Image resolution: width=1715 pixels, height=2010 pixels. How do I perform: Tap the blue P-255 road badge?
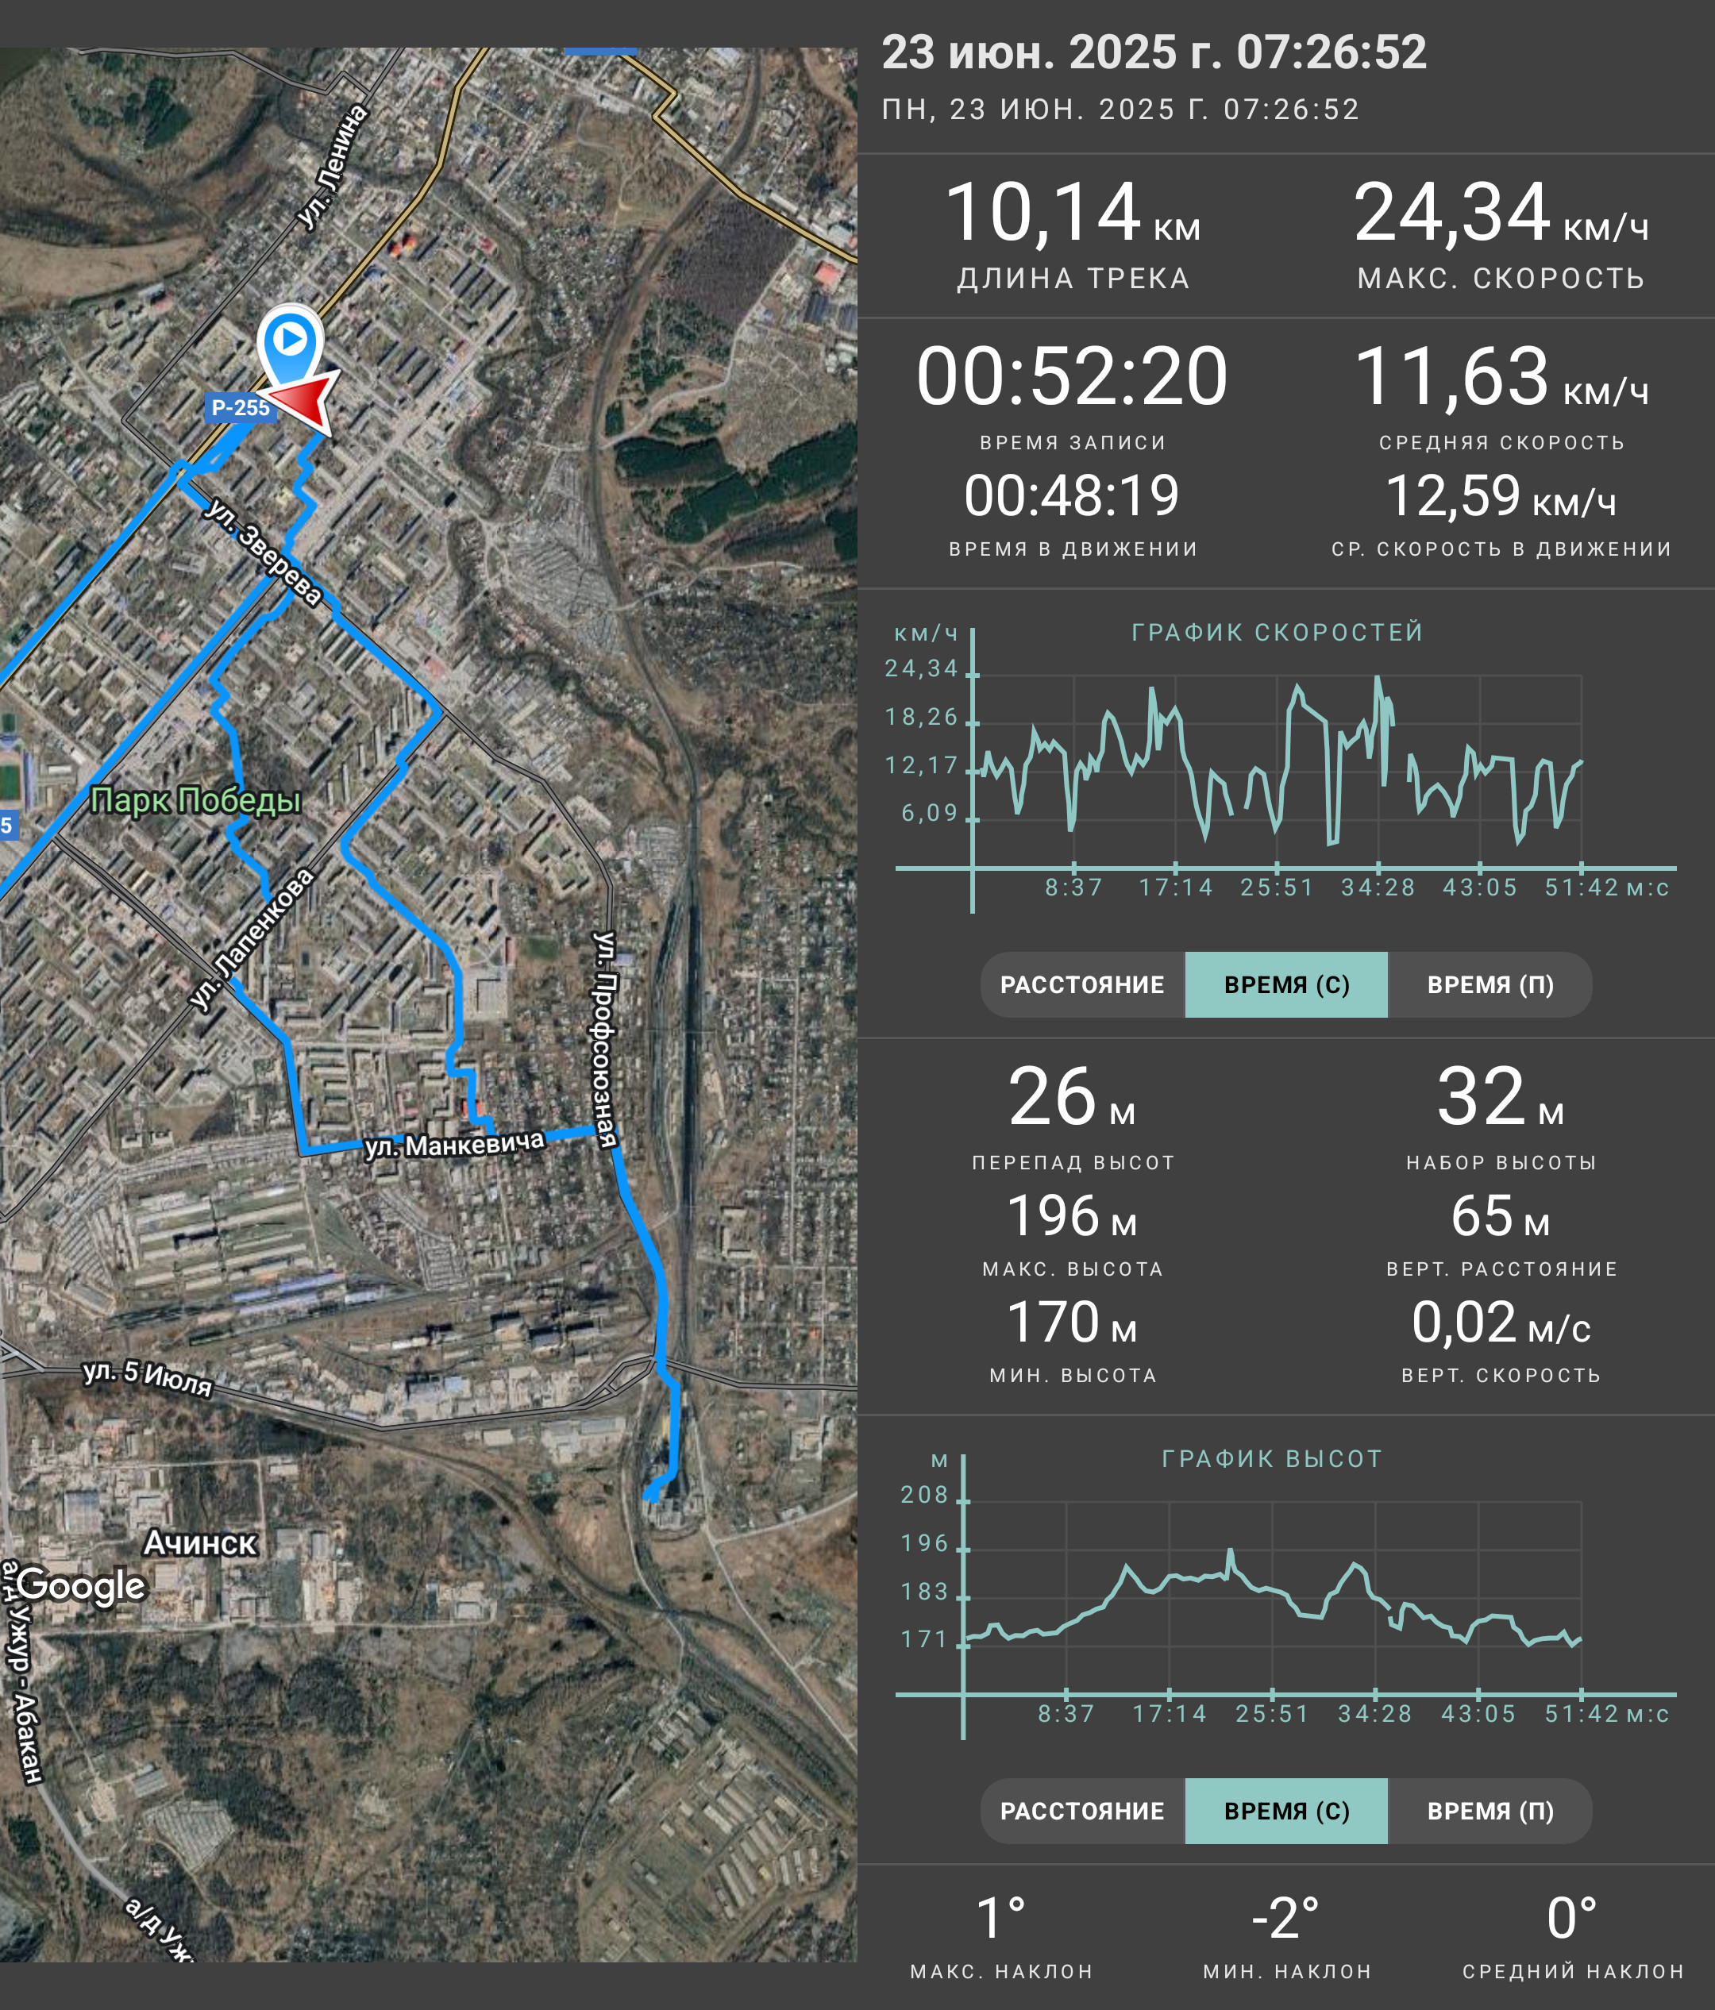241,407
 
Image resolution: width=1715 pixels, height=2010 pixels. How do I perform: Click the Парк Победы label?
195,800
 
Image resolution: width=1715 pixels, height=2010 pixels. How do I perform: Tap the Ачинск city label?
200,1542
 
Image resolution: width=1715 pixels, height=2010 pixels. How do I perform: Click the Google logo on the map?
82,1586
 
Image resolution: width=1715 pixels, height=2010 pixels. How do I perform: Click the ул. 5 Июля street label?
148,1377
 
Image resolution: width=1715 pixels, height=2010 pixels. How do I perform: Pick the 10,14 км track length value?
1072,214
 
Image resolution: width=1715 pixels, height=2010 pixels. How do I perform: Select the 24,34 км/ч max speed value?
1501,214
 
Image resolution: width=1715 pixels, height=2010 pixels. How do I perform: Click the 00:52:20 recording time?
1072,376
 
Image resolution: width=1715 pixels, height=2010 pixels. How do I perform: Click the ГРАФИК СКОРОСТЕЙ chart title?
1278,633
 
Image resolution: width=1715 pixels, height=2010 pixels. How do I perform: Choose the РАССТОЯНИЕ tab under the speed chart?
1082,984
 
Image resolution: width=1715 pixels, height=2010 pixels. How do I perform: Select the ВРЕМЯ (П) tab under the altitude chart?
1490,1811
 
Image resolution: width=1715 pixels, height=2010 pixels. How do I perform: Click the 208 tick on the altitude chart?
924,1495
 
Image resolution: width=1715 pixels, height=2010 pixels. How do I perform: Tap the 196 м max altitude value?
1072,1216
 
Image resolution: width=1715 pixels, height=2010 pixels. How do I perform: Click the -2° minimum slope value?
1285,1919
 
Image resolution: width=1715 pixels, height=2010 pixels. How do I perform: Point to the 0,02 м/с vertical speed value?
1501,1323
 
